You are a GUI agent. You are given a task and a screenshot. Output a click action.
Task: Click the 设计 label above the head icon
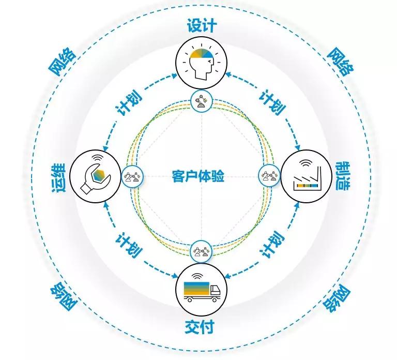click(202, 25)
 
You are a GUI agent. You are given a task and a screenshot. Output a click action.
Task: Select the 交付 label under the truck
click(200, 327)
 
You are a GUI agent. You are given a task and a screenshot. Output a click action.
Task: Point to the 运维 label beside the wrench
click(59, 177)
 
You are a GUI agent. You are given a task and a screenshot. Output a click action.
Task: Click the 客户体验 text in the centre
click(198, 176)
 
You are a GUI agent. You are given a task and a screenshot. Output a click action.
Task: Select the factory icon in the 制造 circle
click(307, 177)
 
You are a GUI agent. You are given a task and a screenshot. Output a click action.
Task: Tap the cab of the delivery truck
click(215, 291)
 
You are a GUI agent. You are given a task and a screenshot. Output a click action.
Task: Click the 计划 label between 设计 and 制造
click(273, 102)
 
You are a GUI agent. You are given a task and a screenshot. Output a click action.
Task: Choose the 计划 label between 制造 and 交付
click(272, 245)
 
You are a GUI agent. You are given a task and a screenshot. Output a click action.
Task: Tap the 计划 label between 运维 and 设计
click(129, 102)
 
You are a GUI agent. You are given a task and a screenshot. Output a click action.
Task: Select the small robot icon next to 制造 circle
click(269, 175)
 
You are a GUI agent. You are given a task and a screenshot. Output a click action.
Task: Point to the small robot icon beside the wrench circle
click(133, 176)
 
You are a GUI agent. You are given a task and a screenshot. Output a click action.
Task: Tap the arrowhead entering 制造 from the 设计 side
click(298, 147)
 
